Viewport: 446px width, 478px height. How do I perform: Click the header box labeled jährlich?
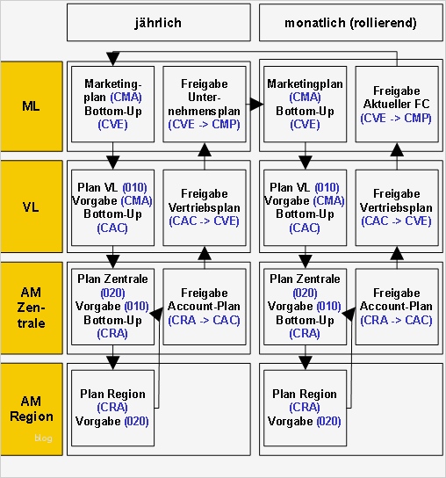point(158,22)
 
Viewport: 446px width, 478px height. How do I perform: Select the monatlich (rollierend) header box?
point(349,22)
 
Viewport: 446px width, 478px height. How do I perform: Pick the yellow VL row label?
point(31,207)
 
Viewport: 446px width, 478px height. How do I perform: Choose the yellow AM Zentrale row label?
point(31,308)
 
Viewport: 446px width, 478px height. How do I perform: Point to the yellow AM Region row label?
point(31,408)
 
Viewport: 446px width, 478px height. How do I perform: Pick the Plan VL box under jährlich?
point(113,207)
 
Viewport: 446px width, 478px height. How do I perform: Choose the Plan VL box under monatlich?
point(305,207)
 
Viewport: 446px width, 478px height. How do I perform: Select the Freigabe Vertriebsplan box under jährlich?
point(204,207)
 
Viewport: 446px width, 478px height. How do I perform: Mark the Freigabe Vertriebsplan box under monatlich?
point(396,207)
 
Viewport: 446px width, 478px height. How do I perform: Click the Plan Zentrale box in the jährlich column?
point(113,306)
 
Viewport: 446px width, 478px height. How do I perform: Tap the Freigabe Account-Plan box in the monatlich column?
point(396,306)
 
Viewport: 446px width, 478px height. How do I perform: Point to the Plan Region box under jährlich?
point(113,408)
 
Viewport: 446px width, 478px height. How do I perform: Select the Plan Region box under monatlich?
point(305,408)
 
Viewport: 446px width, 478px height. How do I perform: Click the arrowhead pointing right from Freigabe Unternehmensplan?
point(256,105)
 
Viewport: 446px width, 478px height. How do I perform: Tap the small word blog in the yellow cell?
point(43,438)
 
